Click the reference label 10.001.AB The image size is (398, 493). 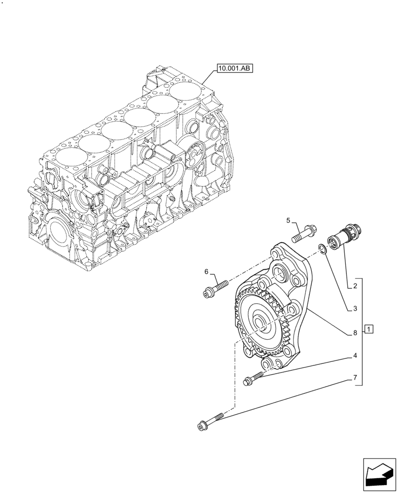tap(233, 69)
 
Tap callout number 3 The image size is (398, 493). tap(355, 309)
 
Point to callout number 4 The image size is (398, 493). tap(355, 355)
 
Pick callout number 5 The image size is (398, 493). tap(289, 220)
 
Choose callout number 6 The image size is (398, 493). tap(207, 271)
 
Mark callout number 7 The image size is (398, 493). tap(355, 378)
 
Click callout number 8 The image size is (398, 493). tap(355, 333)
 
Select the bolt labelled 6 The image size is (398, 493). tap(214, 288)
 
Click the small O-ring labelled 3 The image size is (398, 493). tap(323, 248)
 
